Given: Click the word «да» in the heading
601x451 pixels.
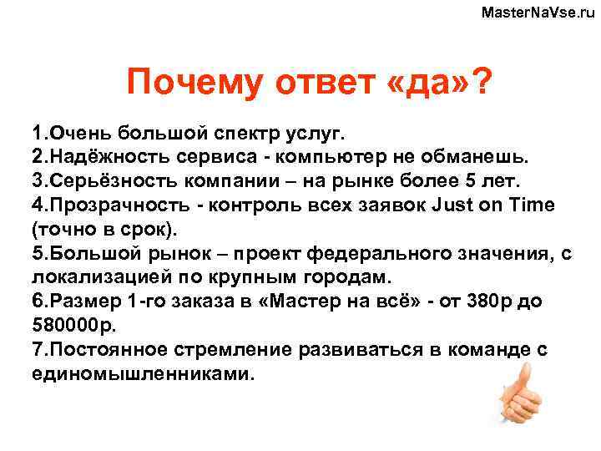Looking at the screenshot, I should pos(429,84).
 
